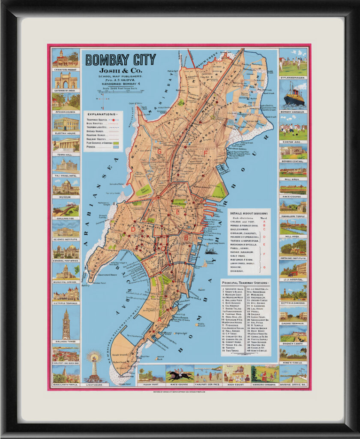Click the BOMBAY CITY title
click(120, 60)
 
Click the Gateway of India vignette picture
click(66, 80)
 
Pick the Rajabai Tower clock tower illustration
click(66, 324)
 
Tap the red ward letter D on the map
click(133, 230)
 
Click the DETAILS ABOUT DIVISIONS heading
click(249, 213)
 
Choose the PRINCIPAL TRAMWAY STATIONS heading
click(246, 283)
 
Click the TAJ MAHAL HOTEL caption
click(66, 174)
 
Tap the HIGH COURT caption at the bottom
click(237, 384)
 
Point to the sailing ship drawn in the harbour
click(210, 250)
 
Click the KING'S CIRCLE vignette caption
click(293, 363)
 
